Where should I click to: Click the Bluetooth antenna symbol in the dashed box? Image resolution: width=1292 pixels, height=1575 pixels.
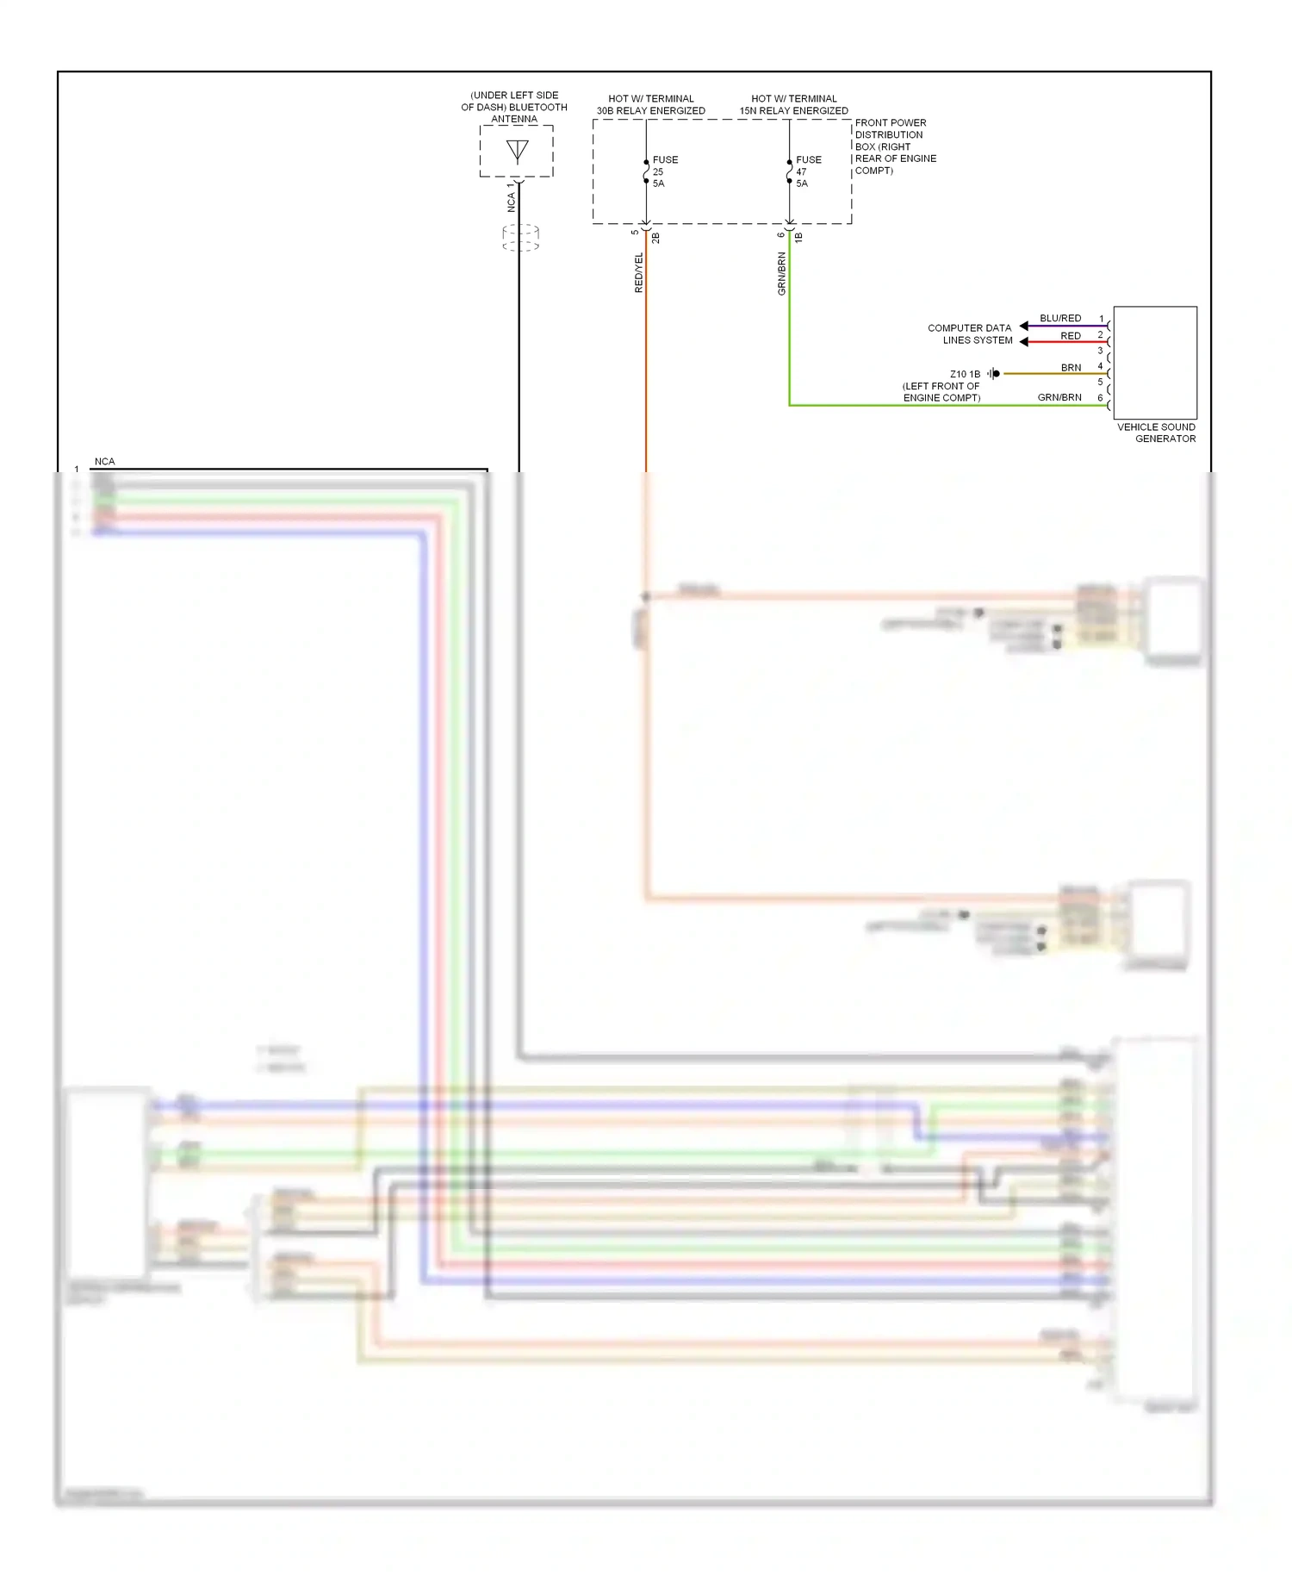pyautogui.click(x=517, y=152)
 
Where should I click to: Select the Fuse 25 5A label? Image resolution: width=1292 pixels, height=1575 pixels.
pyautogui.click(x=664, y=171)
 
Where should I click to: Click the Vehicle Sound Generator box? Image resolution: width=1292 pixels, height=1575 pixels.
pyautogui.click(x=1154, y=363)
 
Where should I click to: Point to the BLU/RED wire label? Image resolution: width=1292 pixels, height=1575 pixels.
pyautogui.click(x=1059, y=318)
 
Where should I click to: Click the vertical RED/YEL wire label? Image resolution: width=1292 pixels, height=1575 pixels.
pyautogui.click(x=639, y=272)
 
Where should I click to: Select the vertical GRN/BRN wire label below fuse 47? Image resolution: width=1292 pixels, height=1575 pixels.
pyautogui.click(x=782, y=273)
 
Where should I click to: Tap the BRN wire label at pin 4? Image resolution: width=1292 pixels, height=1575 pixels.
pyautogui.click(x=1071, y=368)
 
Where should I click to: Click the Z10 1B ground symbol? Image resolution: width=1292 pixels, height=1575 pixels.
pyautogui.click(x=993, y=374)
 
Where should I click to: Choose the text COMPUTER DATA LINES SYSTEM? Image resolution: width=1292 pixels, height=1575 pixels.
pyautogui.click(x=970, y=334)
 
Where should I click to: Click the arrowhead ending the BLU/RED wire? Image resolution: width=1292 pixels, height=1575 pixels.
pyautogui.click(x=1024, y=326)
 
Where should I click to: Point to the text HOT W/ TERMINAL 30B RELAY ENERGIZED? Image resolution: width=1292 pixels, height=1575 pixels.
pyautogui.click(x=650, y=104)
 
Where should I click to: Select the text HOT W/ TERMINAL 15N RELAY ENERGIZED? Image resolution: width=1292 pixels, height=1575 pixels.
pyautogui.click(x=793, y=104)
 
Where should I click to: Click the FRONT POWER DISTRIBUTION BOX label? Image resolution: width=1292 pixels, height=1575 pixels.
pyautogui.click(x=894, y=146)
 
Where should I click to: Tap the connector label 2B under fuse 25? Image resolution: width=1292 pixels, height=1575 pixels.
pyautogui.click(x=655, y=237)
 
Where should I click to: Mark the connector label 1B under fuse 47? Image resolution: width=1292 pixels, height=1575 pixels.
pyautogui.click(x=798, y=237)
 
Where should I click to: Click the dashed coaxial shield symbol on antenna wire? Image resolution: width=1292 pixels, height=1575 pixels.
pyautogui.click(x=520, y=238)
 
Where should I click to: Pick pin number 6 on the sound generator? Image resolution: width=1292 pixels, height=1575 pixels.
pyautogui.click(x=1100, y=397)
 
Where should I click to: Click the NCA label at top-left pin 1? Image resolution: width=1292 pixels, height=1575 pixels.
pyautogui.click(x=104, y=462)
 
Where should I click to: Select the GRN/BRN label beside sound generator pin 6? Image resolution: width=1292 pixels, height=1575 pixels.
pyautogui.click(x=1059, y=397)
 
